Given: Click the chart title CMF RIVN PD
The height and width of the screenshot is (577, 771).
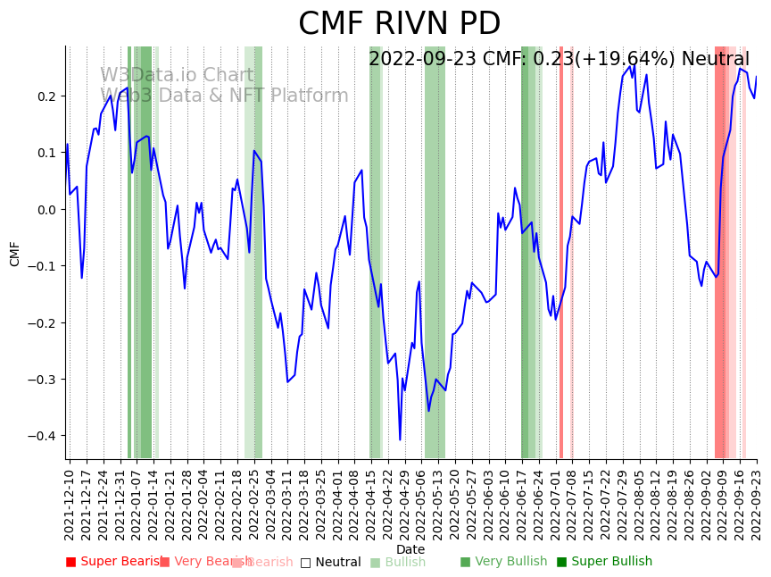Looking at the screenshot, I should pos(399,24).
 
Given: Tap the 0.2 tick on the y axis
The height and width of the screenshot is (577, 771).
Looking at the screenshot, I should pos(47,96).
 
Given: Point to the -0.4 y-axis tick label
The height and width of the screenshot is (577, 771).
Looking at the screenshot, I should pos(44,436).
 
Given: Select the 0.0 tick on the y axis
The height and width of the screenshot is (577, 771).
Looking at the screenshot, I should pos(47,210).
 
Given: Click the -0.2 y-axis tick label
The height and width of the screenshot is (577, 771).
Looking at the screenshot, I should pos(44,322).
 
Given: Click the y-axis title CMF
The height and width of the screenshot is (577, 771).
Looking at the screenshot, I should pos(15,253).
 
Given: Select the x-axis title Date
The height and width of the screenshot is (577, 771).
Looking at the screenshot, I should pos(410,549).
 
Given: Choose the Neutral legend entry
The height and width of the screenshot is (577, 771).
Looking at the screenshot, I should pos(330,562).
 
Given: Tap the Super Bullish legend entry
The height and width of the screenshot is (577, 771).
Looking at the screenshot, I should pos(604,562).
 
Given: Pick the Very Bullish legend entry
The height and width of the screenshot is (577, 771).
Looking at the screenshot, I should pos(503,562).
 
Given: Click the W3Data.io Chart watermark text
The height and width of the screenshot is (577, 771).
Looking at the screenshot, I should pos(177,75).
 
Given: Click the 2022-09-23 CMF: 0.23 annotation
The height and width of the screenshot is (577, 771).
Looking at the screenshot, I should pos(559,59).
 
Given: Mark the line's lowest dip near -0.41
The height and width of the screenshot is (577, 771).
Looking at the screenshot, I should pos(400,439).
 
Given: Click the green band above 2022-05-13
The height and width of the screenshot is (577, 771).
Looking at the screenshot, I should pos(435,250).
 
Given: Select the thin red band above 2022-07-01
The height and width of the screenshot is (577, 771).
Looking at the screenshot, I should pos(561,250).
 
